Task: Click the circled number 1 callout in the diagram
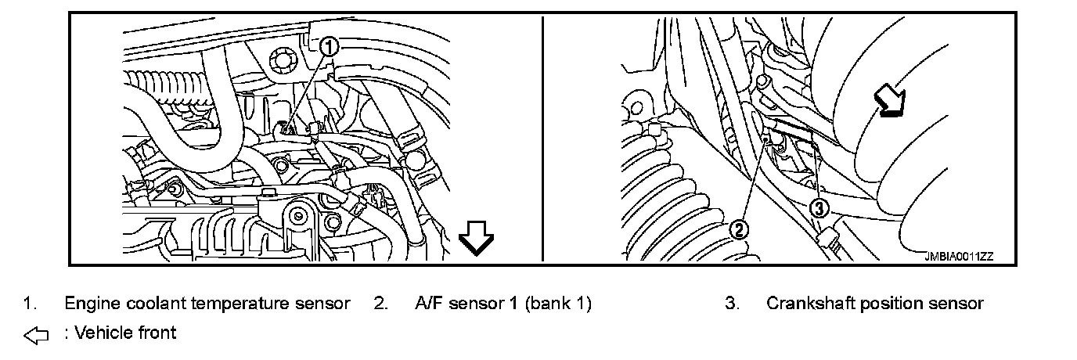pyautogui.click(x=330, y=47)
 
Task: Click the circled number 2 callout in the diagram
pyautogui.click(x=739, y=229)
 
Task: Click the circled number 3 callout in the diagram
pyautogui.click(x=817, y=207)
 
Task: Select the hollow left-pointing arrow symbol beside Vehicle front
pyautogui.click(x=36, y=335)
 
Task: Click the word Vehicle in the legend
pyautogui.click(x=101, y=333)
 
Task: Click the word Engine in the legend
pyautogui.click(x=88, y=303)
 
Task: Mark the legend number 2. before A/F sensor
pyautogui.click(x=380, y=303)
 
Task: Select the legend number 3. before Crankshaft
pyautogui.click(x=732, y=303)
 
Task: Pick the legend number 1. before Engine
pyautogui.click(x=29, y=303)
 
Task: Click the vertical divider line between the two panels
pyautogui.click(x=542, y=141)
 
